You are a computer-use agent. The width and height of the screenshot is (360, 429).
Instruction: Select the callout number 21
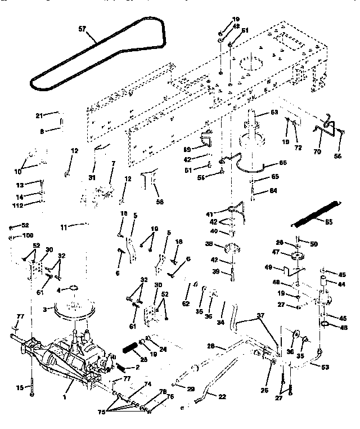[39, 115]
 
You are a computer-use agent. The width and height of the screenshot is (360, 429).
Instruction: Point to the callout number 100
[28, 235]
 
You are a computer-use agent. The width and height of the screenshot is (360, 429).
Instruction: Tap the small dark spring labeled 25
[130, 348]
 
